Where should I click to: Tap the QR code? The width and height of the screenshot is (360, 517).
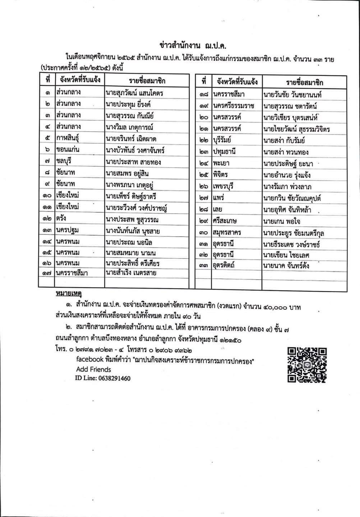307,365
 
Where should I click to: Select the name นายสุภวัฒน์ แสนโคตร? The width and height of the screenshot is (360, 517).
134,93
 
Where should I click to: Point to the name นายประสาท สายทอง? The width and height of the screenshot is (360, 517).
133,162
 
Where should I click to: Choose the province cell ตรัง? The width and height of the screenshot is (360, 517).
61,218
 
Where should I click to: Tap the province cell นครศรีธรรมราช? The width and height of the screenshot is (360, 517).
233,106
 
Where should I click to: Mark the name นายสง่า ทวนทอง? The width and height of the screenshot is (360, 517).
286,152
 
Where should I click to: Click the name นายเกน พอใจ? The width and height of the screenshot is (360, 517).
281,221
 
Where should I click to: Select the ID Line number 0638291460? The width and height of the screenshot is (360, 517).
103,378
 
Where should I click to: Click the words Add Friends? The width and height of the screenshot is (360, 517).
93,369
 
